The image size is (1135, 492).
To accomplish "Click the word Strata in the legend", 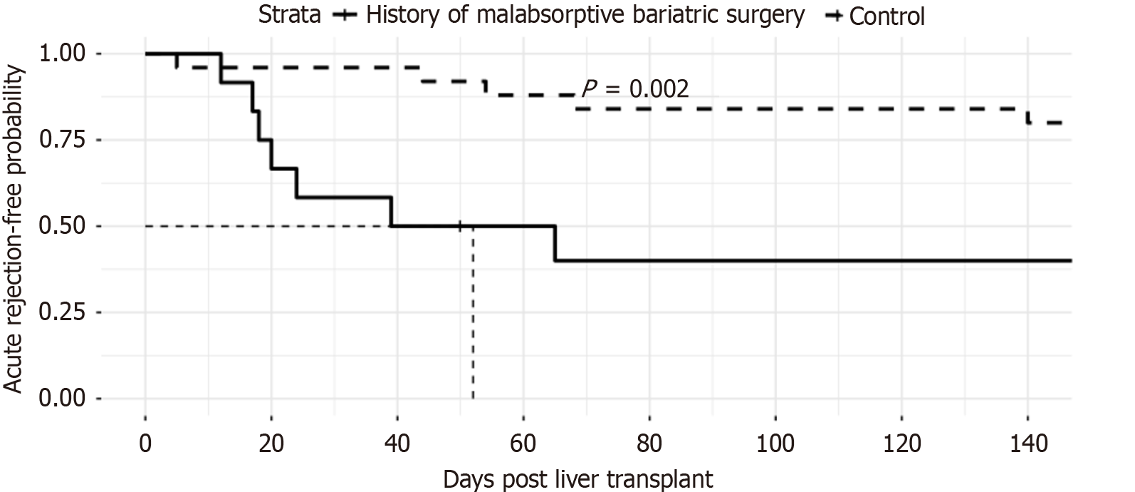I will (289, 14).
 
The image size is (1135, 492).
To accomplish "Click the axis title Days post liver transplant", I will (578, 478).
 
